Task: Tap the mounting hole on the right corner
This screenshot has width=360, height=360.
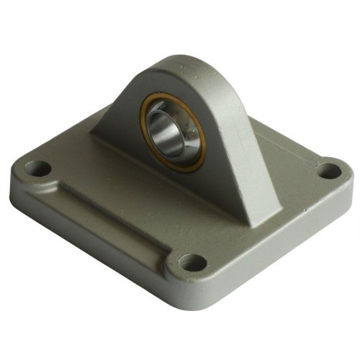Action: pos(329,171)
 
